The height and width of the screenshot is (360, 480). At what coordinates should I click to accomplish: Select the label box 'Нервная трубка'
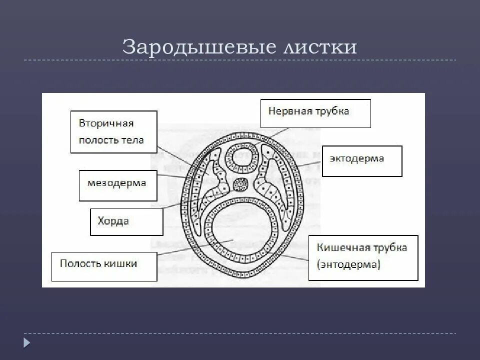(x=315, y=113)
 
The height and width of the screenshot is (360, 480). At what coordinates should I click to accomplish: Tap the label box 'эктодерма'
(x=361, y=161)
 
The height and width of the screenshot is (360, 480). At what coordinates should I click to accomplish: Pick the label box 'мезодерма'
(x=118, y=185)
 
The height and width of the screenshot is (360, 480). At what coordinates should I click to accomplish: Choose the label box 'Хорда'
(x=126, y=222)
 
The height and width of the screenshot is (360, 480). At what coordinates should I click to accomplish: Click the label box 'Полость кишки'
(x=104, y=266)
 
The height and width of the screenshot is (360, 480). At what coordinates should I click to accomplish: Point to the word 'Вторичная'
(x=106, y=123)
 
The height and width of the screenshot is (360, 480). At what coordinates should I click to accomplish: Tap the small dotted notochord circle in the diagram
(x=241, y=185)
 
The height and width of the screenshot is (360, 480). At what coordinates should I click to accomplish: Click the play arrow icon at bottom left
(x=27, y=342)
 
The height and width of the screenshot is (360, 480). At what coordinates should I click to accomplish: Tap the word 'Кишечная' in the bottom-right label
(x=341, y=247)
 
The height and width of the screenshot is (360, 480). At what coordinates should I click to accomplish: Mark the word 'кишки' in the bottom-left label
(x=121, y=263)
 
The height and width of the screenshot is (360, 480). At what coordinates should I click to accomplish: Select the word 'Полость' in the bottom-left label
(x=81, y=263)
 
